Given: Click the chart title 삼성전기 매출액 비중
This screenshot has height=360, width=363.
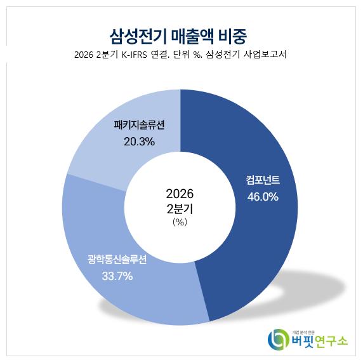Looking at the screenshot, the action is point(178,36).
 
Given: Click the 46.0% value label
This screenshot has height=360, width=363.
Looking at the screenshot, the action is point(263,197).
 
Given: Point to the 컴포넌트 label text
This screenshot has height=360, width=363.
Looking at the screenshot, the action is point(263,180).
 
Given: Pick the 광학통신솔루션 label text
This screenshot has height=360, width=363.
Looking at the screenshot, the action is point(117,259).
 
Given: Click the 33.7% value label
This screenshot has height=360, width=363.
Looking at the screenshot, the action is point(117,276).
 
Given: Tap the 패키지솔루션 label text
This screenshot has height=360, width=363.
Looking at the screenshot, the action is point(139,124).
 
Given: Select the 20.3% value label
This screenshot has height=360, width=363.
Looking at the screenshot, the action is point(139,142).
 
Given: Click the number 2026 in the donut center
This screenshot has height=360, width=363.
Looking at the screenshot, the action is point(180,194).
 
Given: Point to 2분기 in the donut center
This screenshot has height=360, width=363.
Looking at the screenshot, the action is point(180,209).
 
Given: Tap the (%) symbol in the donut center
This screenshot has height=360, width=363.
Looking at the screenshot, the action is point(180,222).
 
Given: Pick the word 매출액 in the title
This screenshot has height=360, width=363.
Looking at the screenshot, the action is point(192,36).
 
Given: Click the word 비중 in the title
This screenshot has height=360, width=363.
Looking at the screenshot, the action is point(233,37).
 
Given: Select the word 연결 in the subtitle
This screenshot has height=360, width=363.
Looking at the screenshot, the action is point(159,55).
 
